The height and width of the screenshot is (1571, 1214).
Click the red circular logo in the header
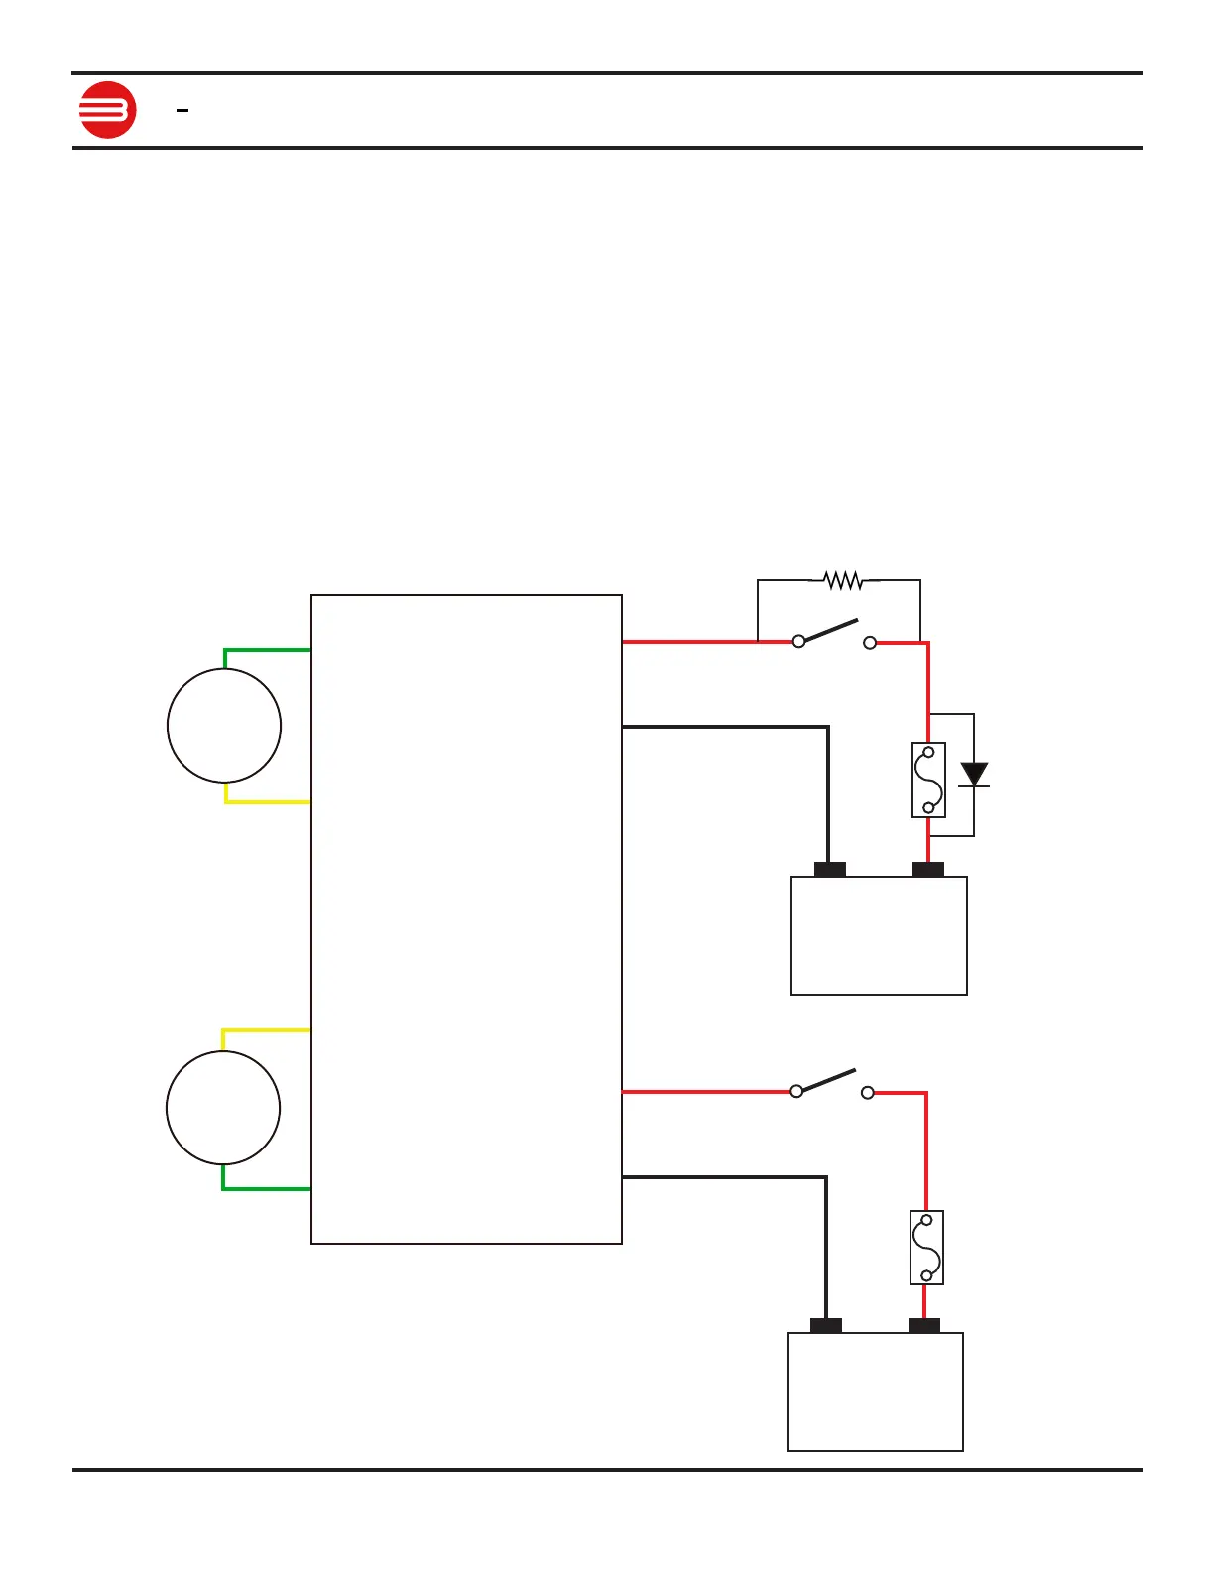[x=107, y=109]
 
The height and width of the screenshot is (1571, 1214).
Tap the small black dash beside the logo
[x=182, y=111]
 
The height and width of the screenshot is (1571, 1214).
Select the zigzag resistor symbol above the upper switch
[x=843, y=580]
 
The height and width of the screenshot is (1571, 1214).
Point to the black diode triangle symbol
[x=975, y=774]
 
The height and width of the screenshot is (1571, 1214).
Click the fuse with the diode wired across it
[x=928, y=780]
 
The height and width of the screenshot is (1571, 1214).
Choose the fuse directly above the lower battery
[x=926, y=1248]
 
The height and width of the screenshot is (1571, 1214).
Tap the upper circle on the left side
[x=224, y=726]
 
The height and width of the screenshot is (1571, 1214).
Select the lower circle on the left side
[x=223, y=1108]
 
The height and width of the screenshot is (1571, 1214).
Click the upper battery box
[x=879, y=935]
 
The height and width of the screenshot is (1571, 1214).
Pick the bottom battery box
[x=875, y=1391]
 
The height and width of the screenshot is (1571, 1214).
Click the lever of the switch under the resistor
[x=829, y=631]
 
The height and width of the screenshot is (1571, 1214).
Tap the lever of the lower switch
[x=827, y=1081]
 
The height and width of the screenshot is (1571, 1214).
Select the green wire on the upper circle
[x=266, y=650]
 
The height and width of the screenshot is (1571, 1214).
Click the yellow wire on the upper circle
[x=266, y=801]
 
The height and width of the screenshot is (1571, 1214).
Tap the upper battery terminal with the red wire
[x=928, y=870]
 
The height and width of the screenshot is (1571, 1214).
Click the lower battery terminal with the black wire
[x=826, y=1326]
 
